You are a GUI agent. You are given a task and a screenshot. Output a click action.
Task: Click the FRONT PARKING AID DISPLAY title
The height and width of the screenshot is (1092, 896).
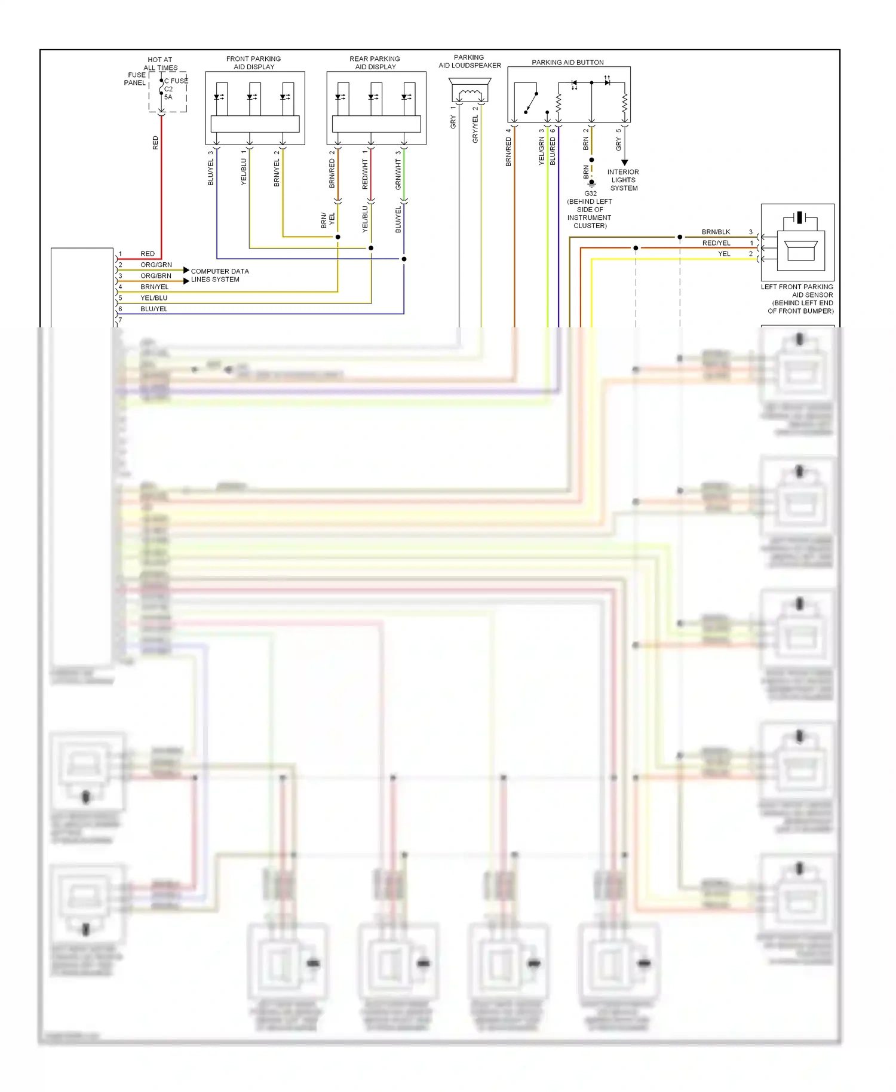253,63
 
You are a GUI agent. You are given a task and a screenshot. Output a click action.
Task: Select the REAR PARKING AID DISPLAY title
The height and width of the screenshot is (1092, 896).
375,63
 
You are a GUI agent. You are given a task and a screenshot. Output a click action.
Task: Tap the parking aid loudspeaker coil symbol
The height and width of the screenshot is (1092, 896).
470,94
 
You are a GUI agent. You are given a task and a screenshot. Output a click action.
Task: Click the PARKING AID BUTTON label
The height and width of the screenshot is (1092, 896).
567,62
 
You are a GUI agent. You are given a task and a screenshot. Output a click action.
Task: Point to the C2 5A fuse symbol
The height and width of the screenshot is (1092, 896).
161,88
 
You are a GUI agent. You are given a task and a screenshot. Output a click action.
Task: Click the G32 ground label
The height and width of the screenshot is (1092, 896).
590,194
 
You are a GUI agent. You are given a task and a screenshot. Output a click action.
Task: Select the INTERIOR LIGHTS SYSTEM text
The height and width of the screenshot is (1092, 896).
623,180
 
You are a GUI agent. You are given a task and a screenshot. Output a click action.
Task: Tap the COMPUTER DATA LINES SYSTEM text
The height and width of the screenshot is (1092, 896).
219,275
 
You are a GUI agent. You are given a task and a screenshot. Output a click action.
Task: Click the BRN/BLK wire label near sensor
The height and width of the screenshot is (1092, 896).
716,232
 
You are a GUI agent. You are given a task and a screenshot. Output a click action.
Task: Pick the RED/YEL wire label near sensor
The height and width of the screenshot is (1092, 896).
716,243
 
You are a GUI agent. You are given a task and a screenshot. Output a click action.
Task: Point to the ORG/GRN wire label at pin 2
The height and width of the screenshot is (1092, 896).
156,265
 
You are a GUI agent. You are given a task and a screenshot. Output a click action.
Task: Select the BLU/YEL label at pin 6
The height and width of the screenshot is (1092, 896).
154,309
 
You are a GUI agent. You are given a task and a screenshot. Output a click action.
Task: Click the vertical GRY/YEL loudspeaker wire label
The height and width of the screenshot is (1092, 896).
475,128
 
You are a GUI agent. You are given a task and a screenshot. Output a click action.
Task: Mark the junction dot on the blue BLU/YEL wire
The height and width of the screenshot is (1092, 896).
404,259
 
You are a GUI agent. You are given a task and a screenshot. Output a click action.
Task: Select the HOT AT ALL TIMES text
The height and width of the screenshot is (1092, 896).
160,64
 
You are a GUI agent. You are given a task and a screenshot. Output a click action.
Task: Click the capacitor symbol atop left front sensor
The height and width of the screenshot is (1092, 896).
799,217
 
